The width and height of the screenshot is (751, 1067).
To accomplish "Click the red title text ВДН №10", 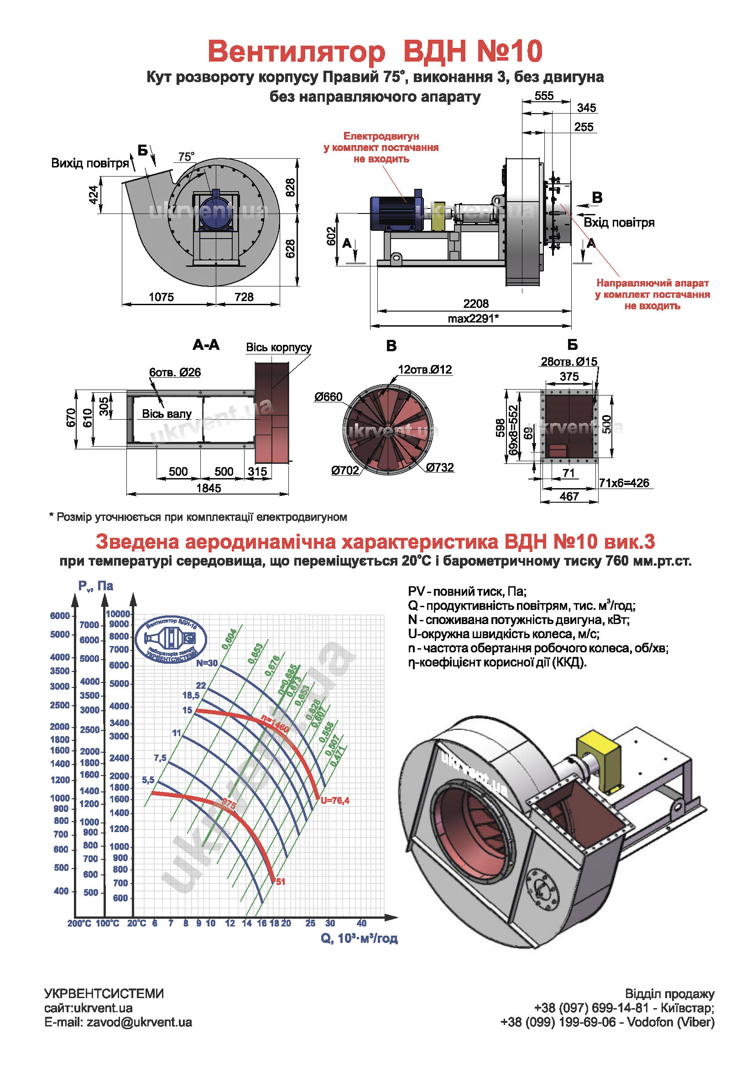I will (467, 51).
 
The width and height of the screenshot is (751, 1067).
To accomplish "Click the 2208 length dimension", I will (475, 303).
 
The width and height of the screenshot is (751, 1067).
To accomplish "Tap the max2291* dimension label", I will (473, 318).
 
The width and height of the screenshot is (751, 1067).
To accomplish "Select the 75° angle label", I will (186, 156).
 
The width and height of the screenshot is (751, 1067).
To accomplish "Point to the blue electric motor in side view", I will (395, 213).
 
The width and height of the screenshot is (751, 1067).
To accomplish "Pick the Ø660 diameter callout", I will (328, 396).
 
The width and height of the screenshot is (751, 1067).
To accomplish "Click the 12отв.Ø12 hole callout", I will (424, 370).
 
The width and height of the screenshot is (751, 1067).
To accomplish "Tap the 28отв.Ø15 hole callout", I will (569, 362).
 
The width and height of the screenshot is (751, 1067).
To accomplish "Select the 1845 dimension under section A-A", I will (209, 488).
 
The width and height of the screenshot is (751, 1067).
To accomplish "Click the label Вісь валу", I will (167, 414).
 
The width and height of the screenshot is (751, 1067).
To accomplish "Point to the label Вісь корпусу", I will (278, 347).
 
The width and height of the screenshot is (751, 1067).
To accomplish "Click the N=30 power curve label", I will (206, 663).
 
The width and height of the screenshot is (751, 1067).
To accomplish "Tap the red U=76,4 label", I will (334, 800).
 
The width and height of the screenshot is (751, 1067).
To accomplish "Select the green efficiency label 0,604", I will (229, 639).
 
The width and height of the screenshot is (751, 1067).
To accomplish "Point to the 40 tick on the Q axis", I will (361, 923).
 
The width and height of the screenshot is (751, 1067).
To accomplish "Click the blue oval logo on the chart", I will (171, 640).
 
